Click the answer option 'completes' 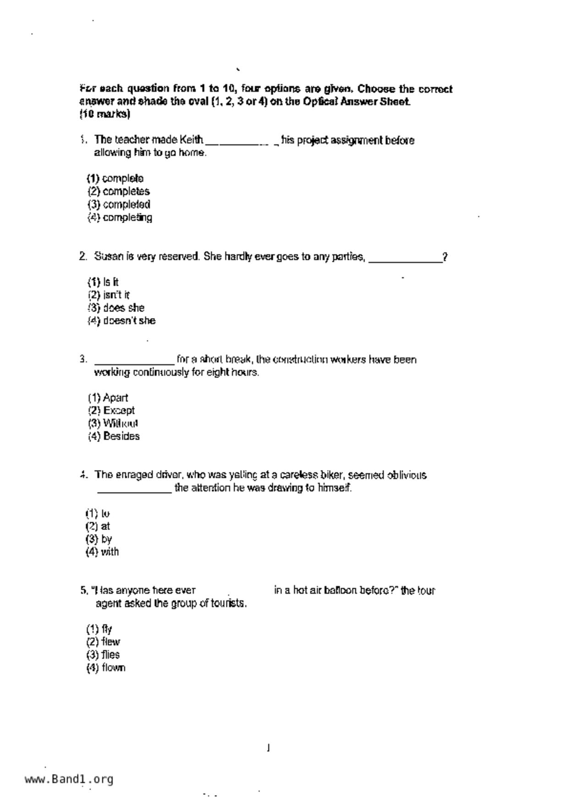click(x=126, y=191)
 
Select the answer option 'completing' click(x=127, y=218)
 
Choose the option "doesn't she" click(x=129, y=321)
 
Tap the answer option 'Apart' click(x=115, y=398)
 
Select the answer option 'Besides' click(x=121, y=436)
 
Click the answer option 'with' click(x=110, y=552)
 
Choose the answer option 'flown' click(x=113, y=668)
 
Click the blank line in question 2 click(x=405, y=260)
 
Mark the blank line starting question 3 click(x=134, y=363)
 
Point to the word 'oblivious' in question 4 click(x=407, y=475)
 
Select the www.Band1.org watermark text click(x=69, y=779)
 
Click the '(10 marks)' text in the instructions click(x=105, y=114)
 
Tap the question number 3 click(x=83, y=359)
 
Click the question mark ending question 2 click(x=445, y=257)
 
